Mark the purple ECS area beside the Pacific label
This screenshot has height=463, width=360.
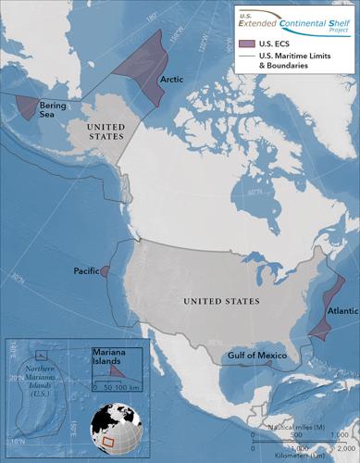pyautogui.click(x=105, y=270)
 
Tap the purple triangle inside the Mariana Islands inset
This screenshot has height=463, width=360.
pyautogui.click(x=118, y=369)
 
